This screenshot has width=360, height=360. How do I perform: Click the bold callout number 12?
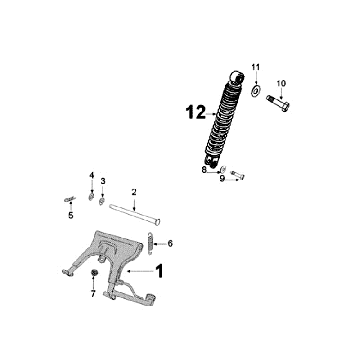pos(196,112)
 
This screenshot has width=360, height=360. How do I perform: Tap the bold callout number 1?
pos(159,271)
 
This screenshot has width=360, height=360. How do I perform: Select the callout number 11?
pos(255,67)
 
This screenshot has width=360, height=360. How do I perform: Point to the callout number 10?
pos(281,83)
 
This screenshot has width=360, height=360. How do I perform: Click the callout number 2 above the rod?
pos(134,192)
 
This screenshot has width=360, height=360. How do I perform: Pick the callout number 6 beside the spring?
pos(170,244)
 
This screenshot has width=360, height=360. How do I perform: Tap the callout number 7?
pos(93,294)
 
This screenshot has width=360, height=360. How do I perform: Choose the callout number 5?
pos(71,215)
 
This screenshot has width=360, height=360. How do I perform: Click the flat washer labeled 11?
pos(256,90)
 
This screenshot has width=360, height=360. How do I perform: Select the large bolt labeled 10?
pos(278,103)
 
